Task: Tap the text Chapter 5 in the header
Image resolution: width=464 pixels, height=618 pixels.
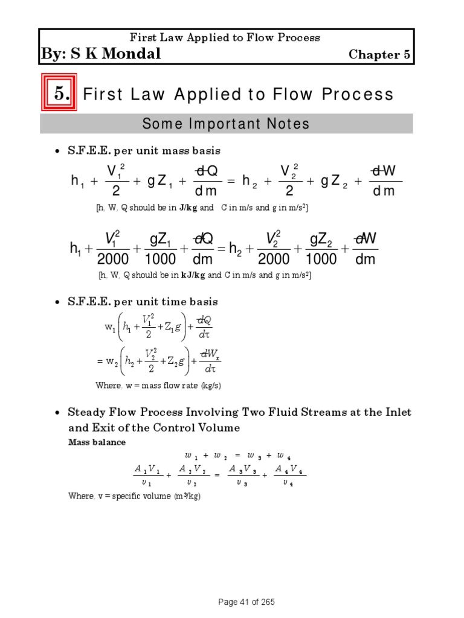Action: pos(380,54)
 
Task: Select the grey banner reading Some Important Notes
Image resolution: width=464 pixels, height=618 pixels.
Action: pos(226,124)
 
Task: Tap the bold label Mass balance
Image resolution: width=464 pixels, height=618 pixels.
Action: pos(97,442)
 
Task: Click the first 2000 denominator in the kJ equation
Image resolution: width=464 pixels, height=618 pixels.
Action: pos(113,259)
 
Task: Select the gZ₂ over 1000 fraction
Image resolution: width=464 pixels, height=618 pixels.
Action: pos(321,249)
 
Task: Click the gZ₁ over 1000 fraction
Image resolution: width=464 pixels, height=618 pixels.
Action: pos(160,249)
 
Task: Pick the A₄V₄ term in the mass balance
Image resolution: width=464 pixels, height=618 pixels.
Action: pos(290,475)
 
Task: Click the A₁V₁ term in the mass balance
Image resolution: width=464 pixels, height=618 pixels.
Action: pos(146,475)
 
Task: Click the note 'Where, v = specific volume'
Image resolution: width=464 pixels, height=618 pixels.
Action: pos(134,496)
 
